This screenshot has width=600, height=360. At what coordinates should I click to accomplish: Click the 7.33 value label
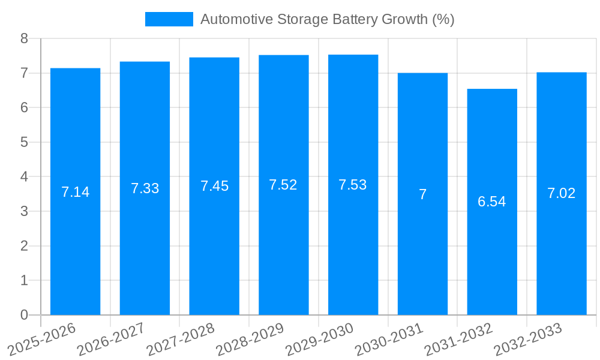pos(145,188)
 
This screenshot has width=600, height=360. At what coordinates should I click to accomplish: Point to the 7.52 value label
pos(283,185)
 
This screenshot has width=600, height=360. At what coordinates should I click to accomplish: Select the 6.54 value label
pos(492,202)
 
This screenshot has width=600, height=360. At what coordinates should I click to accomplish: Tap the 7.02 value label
pos(561,193)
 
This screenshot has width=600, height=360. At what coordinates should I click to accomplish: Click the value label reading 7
pos(422,194)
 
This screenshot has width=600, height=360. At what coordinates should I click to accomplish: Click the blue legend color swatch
pos(169,19)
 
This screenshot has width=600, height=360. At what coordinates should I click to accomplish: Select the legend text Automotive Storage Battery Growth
pos(327,19)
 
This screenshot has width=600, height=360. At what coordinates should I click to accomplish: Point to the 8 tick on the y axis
pos(24,38)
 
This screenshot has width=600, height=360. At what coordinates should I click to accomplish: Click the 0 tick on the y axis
pos(24,315)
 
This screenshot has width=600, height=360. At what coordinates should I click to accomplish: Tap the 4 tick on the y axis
pos(24,177)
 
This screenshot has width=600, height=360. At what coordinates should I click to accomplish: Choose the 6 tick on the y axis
pos(24,108)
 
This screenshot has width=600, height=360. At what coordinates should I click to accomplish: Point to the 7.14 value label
pos(75,192)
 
